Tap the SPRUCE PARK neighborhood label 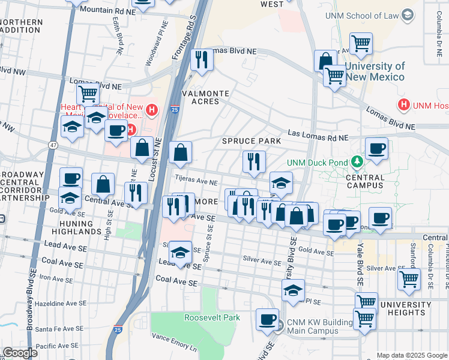[252, 141]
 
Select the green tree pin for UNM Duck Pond [358, 162]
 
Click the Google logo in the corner [20, 353]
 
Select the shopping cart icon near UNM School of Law [361, 43]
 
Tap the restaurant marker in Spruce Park [254, 161]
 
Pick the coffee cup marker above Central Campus [376, 148]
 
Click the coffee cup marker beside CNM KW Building [267, 319]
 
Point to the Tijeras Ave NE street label [196, 180]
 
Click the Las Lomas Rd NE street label [318, 135]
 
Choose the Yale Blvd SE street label [359, 261]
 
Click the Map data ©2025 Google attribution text [412, 355]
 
